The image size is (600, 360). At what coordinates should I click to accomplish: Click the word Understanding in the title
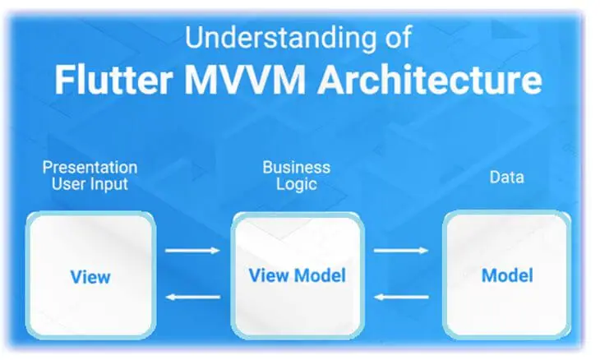[x=281, y=38]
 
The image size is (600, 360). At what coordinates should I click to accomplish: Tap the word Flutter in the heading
[x=113, y=80]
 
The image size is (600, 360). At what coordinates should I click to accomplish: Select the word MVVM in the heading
[x=245, y=80]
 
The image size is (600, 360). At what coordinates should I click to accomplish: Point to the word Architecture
[x=430, y=80]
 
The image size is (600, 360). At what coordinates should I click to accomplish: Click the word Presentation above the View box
[x=90, y=168]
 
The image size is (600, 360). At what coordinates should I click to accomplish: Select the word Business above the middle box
[x=297, y=168]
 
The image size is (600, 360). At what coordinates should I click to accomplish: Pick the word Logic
[x=297, y=185]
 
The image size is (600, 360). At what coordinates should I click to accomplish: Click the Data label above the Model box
[x=506, y=178]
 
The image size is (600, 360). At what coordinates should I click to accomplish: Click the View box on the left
[x=90, y=275]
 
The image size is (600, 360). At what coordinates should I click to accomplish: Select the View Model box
[x=298, y=275]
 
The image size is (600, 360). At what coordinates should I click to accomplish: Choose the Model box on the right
[x=506, y=275]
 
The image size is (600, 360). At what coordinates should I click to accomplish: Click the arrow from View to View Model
[x=193, y=251]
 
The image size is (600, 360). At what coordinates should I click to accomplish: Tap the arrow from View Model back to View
[x=193, y=297]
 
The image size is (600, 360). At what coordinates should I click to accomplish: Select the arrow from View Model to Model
[x=401, y=251]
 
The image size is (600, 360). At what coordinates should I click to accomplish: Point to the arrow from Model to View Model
[x=401, y=297]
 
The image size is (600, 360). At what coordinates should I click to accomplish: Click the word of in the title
[x=399, y=37]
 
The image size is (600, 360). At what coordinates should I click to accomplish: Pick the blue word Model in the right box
[x=507, y=275]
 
